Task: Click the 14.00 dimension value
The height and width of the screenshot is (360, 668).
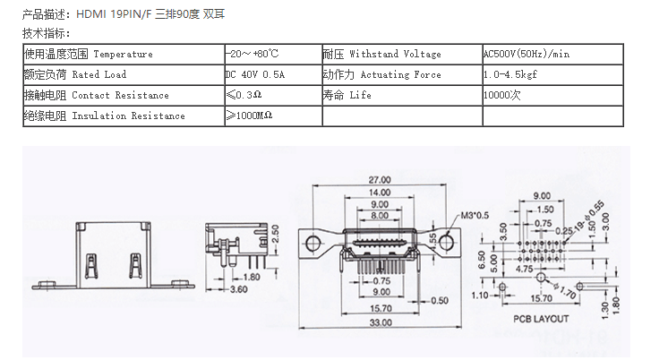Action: tap(379, 193)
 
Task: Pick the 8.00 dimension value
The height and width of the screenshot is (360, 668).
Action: tap(379, 216)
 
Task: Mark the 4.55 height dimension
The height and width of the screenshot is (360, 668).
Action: tap(433, 240)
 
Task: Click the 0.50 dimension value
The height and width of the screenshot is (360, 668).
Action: tap(438, 301)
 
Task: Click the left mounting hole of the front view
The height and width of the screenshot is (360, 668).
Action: tap(313, 243)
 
